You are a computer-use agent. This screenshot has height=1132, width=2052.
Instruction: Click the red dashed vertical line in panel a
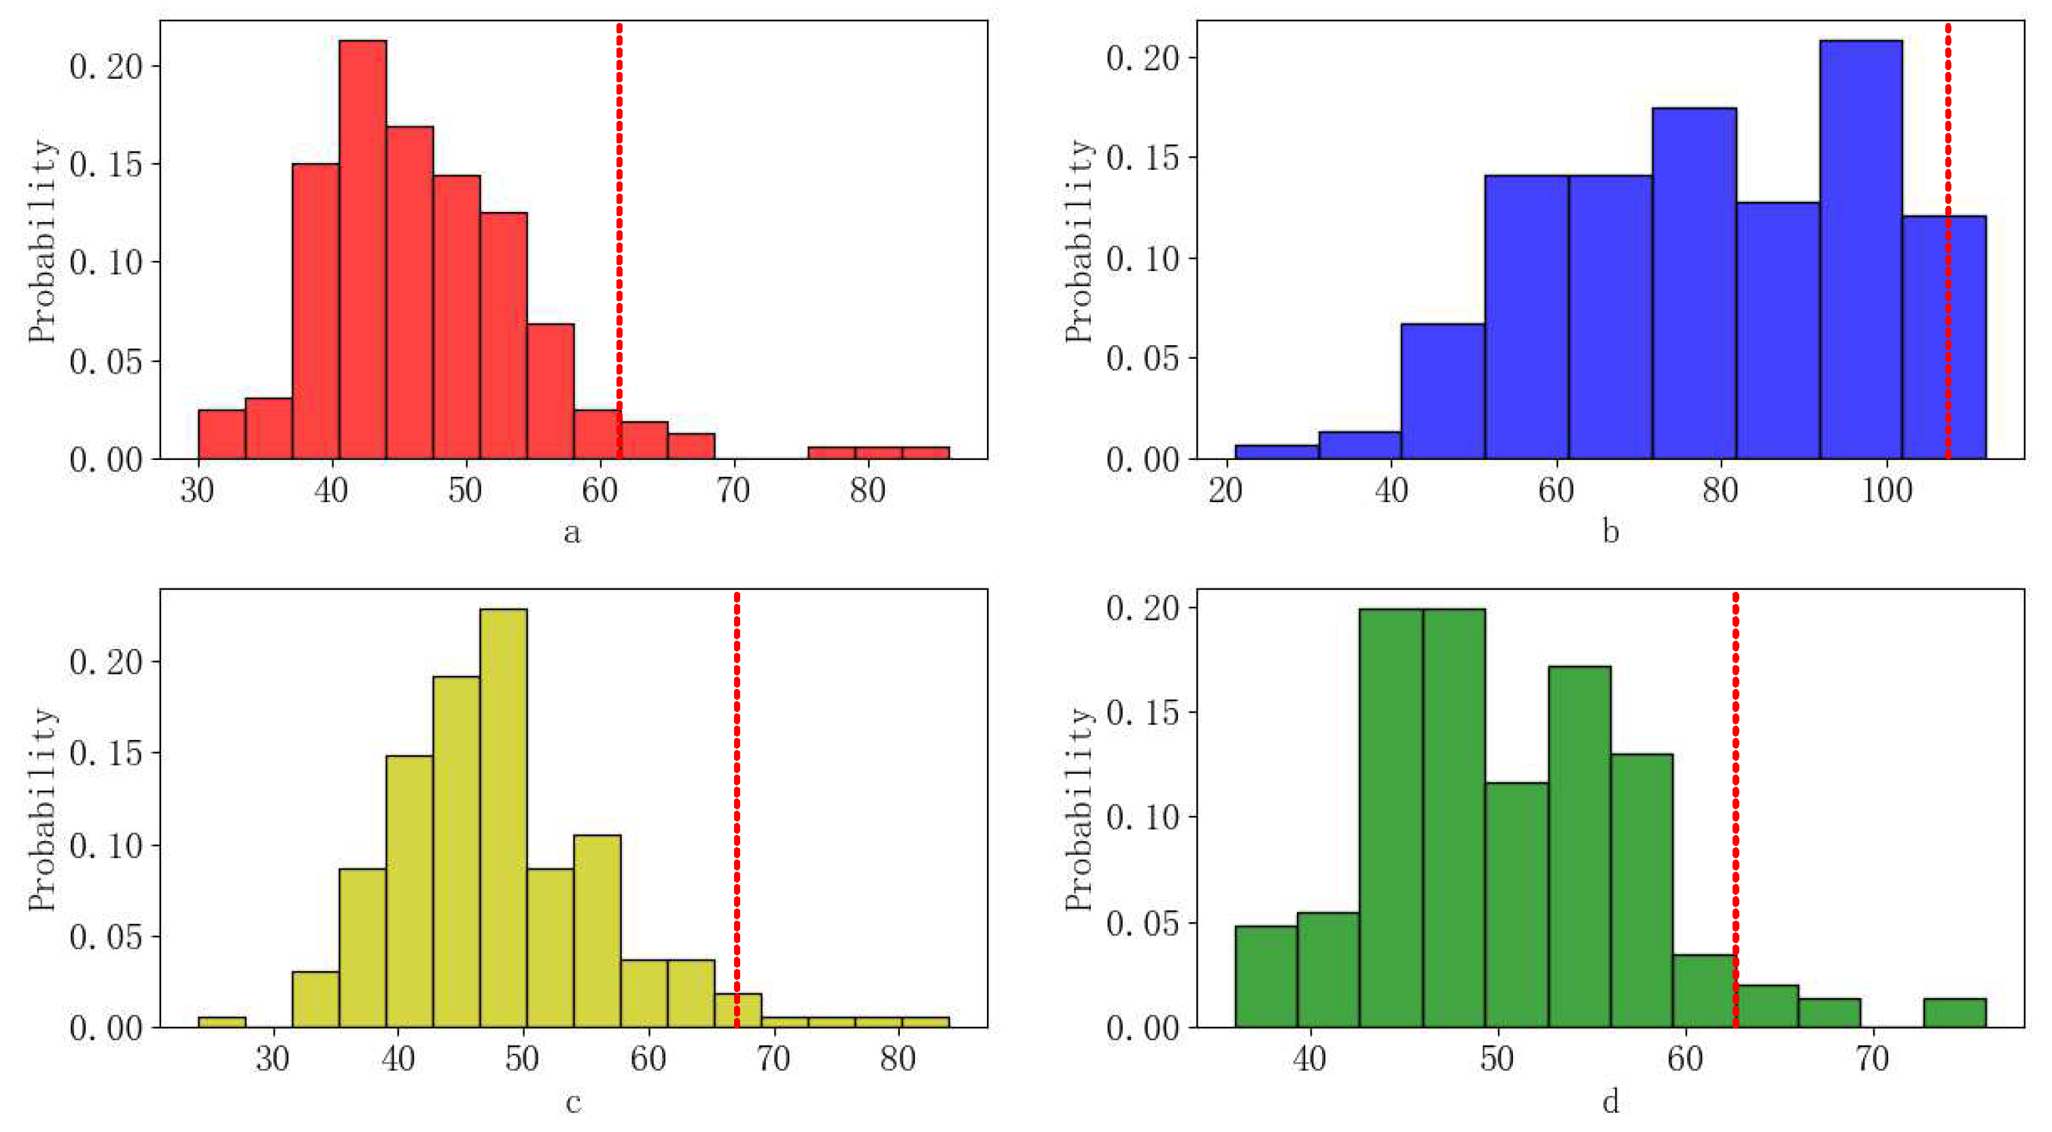(x=619, y=238)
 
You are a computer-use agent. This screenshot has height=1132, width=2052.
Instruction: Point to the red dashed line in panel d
(x=1735, y=796)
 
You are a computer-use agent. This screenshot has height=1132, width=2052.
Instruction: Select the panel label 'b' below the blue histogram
(x=1610, y=531)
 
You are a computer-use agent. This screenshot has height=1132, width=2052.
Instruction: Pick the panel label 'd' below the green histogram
(x=1610, y=1101)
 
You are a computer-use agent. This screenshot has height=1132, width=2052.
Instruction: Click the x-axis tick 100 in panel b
(x=1886, y=491)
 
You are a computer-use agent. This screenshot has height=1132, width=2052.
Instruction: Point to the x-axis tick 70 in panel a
(x=732, y=491)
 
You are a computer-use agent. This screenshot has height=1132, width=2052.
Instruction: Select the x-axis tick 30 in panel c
(x=273, y=1059)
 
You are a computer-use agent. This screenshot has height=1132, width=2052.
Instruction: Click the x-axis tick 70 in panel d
(x=1872, y=1059)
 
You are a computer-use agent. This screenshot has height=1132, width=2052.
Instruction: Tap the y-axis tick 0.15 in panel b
(x=1141, y=158)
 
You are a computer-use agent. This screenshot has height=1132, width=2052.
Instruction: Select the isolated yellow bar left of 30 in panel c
(x=222, y=1022)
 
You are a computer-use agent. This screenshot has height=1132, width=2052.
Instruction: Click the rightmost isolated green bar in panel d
(x=1954, y=1012)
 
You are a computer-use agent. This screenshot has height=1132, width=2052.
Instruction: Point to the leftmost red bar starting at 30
(x=222, y=435)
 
